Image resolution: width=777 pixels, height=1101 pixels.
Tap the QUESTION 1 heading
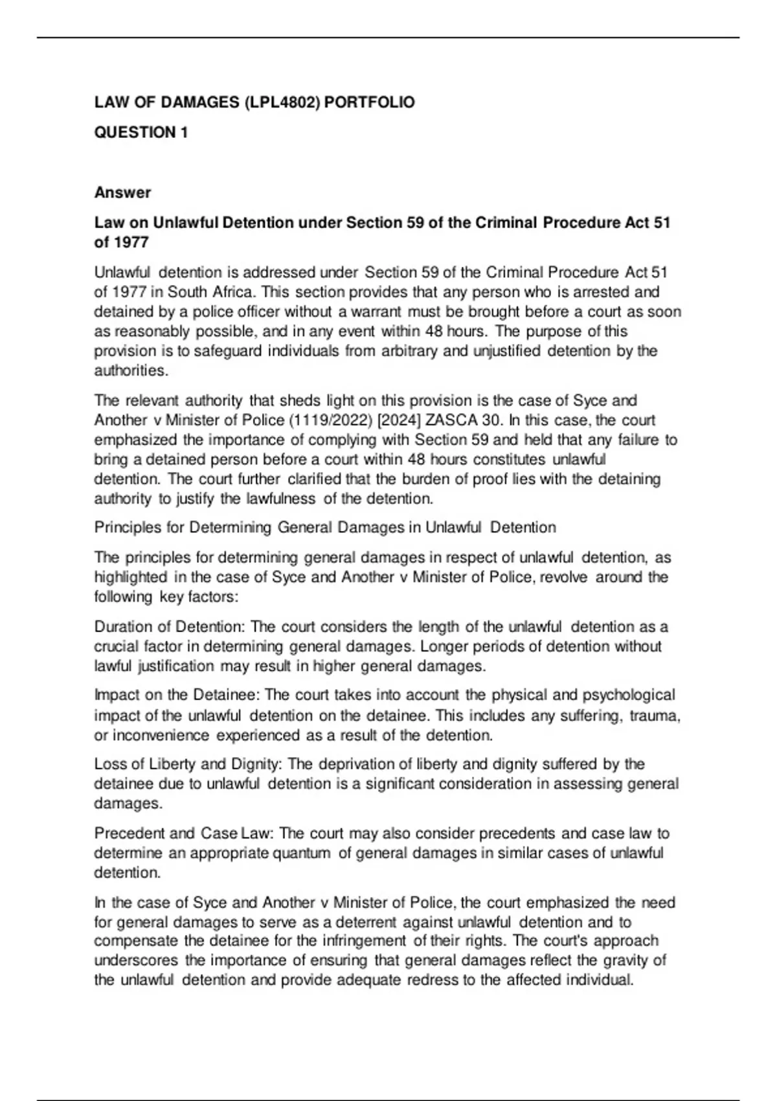(141, 132)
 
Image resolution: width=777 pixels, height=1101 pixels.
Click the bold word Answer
(122, 192)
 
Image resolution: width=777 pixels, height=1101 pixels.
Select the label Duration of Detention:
(170, 627)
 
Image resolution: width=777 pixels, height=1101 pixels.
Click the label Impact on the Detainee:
(177, 695)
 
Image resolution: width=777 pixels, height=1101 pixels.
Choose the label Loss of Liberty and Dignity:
(188, 764)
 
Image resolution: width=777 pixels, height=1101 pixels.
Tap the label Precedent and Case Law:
(184, 834)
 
